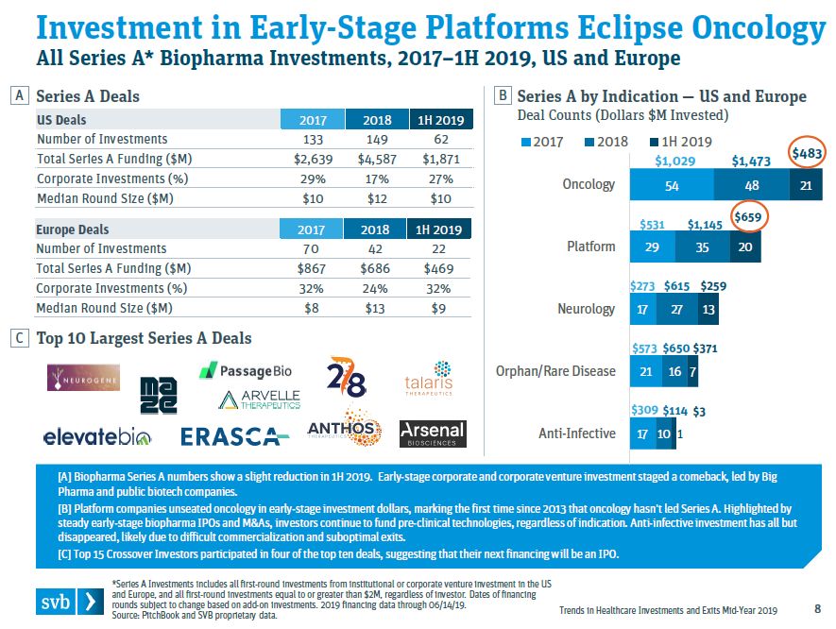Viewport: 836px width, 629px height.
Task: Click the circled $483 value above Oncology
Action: [806, 153]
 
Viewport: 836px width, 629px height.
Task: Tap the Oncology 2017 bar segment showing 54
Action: [671, 185]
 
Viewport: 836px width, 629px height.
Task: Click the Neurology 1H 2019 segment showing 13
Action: [708, 309]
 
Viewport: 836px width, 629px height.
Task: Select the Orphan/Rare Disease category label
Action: [555, 371]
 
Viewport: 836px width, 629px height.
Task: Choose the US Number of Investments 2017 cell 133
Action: [313, 140]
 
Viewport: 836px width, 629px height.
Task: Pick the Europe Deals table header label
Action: [73, 229]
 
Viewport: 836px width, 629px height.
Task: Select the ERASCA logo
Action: [235, 436]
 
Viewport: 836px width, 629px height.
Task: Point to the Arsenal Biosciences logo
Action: [433, 433]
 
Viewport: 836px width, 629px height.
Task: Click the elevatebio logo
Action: [98, 436]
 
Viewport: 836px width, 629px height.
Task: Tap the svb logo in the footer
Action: [69, 602]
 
